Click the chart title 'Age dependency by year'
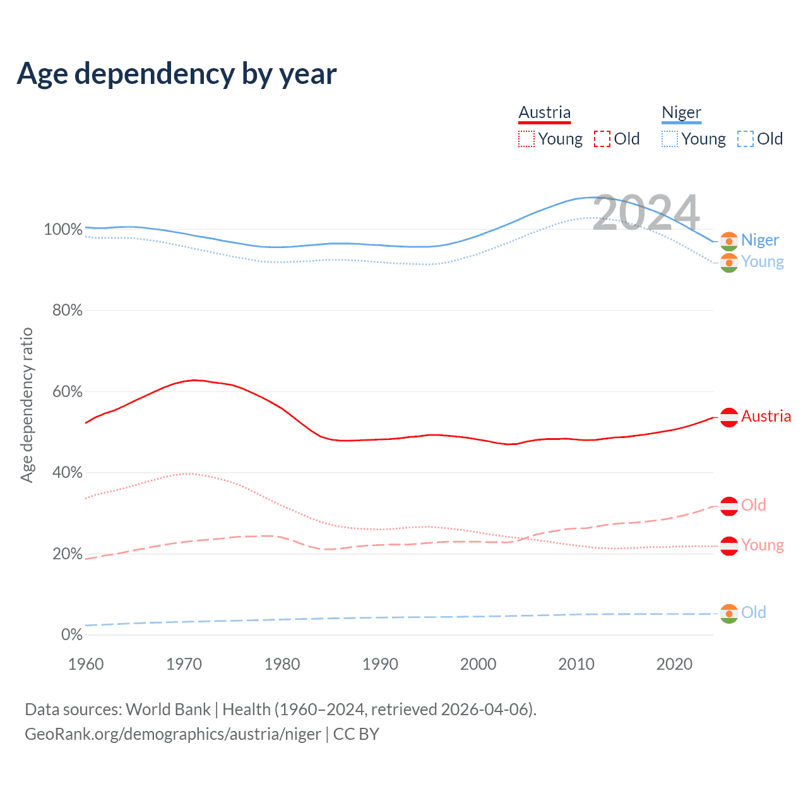click(177, 74)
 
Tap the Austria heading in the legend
click(544, 113)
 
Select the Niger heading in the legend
click(681, 113)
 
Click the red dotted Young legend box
click(526, 139)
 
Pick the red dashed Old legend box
click(602, 139)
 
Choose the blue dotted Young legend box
click(670, 139)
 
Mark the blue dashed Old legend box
click(746, 139)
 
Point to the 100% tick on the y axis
click(63, 230)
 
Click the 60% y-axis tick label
click(67, 392)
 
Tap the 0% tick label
click(71, 635)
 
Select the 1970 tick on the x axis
click(184, 664)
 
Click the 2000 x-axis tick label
click(478, 664)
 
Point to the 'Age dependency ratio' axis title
click(27, 405)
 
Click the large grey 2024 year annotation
click(646, 213)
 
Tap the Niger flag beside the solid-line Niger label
click(729, 241)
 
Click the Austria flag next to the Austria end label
click(729, 417)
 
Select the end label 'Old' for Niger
click(753, 612)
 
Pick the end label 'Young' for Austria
click(763, 545)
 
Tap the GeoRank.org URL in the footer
click(172, 734)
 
